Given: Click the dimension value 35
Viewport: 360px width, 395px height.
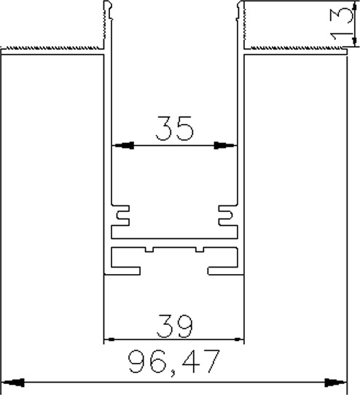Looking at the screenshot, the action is coord(175,128).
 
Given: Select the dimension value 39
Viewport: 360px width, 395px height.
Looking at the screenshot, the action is coord(175,326).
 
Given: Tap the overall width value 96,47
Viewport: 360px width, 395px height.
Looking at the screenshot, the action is coord(174,361).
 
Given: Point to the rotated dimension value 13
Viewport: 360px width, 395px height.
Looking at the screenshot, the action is coord(341,24).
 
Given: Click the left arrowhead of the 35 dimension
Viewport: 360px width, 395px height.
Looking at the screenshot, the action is coord(122,145).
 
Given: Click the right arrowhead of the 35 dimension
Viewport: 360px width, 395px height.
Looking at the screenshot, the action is coord(225,145).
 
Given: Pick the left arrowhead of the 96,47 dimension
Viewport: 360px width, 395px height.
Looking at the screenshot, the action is coord(13,383).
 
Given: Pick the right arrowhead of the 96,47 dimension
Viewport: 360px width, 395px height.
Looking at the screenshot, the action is coord(335,383).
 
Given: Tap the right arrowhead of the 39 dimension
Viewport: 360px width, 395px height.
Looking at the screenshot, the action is coord(238,340).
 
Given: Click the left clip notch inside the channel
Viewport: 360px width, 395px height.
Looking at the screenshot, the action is coord(122,216).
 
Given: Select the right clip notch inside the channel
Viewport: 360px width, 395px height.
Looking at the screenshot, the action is coord(226,216).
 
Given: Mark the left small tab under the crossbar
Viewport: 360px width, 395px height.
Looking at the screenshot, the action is coord(149,249).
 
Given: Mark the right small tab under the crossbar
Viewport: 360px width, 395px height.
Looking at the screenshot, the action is coord(200,249).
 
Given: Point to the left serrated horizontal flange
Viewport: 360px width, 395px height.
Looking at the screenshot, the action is coord(52,50).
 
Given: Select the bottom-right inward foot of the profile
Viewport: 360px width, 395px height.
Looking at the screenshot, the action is coord(226,271).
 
